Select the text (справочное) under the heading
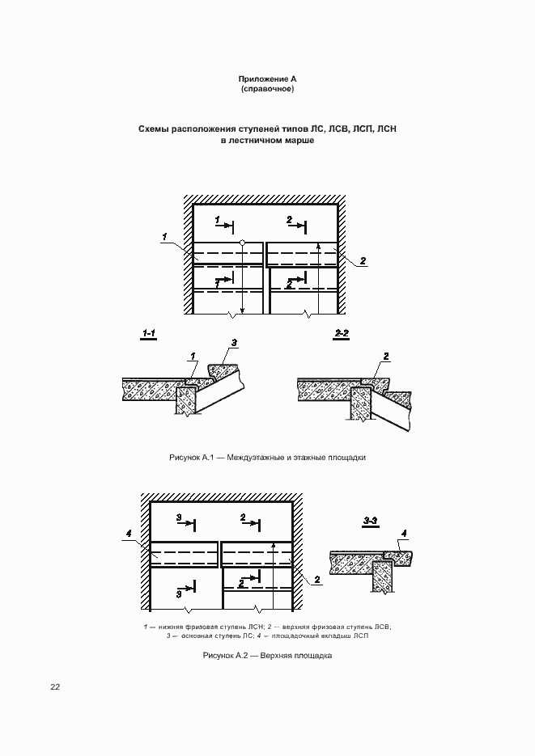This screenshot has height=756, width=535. coord(267,88)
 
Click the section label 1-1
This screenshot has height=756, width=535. coord(151,333)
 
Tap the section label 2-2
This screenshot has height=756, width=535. coord(342,333)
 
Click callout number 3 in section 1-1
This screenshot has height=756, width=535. coord(234,344)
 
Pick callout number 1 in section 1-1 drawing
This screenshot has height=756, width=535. coord(193,357)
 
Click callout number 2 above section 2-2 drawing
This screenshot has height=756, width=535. coord(386,357)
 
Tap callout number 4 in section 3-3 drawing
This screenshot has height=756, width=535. coord(404,532)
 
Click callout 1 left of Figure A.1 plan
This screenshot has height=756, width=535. coord(164,237)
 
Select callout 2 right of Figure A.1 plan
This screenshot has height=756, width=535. coord(363,260)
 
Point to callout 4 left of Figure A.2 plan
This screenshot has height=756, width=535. coord(129,532)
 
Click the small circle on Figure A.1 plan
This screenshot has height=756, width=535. coord(242,243)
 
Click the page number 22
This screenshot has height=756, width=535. coord(55,687)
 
